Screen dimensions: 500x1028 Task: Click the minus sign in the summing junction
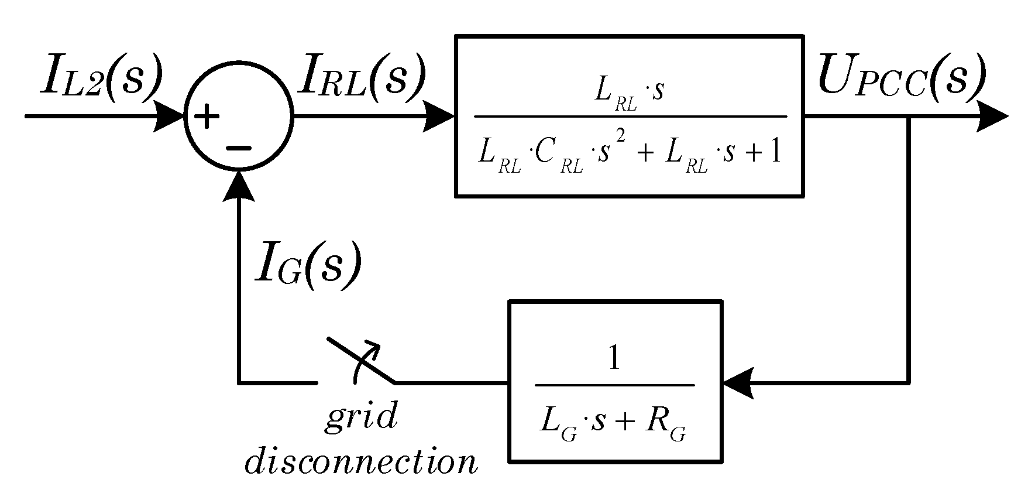(x=238, y=148)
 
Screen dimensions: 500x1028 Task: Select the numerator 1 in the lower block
(x=614, y=358)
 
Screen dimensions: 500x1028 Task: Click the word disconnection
(x=361, y=462)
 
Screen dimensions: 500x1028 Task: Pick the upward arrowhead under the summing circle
(x=238, y=186)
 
